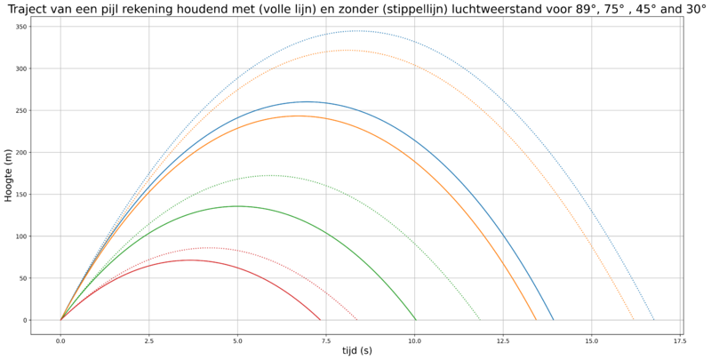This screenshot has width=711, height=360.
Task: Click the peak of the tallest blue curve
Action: coord(357,31)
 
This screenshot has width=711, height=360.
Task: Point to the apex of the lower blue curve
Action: coord(307,101)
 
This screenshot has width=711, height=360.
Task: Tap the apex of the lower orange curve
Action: coord(298,116)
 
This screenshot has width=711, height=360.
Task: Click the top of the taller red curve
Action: coord(209,247)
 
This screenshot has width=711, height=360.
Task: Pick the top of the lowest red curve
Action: coord(190,260)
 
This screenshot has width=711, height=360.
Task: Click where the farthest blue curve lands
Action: coord(655,320)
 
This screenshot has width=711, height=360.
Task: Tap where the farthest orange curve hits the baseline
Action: coord(635,320)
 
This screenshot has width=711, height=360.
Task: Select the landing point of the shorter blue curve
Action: coord(554,320)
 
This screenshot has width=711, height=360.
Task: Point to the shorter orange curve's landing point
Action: coord(537,320)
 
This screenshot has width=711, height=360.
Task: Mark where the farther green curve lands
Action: coord(480,320)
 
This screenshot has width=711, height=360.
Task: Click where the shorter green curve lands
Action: coord(416,320)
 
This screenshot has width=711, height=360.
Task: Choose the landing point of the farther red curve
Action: coord(358,320)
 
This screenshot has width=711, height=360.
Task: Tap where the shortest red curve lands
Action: coord(321,320)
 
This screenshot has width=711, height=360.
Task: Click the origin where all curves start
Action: coord(60,320)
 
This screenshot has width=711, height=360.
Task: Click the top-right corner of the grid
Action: coord(680,27)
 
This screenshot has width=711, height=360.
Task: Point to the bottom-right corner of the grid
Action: coord(680,320)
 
